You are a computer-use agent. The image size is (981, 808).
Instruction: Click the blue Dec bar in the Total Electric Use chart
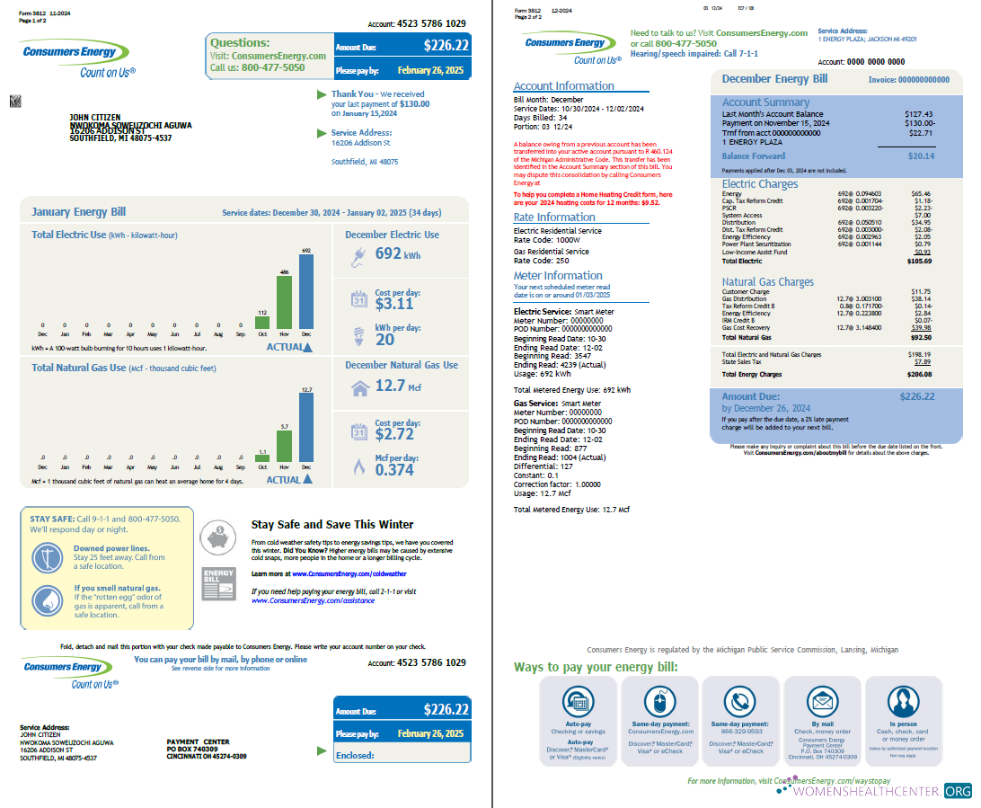click(x=306, y=291)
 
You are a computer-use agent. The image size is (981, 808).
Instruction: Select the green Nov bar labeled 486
click(x=284, y=302)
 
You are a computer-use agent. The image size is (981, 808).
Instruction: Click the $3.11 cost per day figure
click(x=394, y=304)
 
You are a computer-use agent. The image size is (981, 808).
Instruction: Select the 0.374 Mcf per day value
click(x=395, y=470)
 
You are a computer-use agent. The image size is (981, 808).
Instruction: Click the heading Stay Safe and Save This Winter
click(x=332, y=525)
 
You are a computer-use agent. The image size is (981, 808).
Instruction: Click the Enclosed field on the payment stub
click(x=401, y=755)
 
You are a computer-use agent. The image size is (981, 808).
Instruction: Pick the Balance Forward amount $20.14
click(x=920, y=156)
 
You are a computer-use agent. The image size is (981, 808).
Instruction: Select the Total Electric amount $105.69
click(x=920, y=262)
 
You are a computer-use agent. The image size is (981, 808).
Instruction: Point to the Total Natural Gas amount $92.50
click(x=921, y=337)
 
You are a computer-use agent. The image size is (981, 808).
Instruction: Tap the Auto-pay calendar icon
click(x=578, y=702)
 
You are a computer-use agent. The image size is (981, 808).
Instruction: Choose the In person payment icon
click(x=903, y=702)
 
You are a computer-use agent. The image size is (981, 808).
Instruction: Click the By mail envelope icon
click(x=822, y=702)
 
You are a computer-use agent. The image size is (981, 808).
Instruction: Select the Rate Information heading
click(x=554, y=218)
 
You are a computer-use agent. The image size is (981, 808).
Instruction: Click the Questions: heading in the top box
click(x=240, y=42)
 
